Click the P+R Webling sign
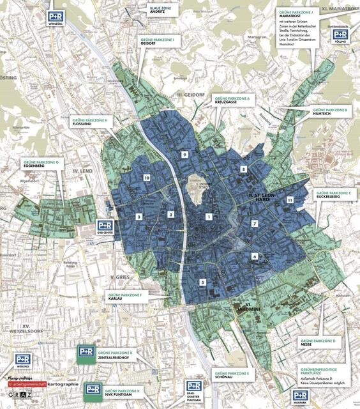click(x=23, y=362)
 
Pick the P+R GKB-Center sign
click(x=105, y=227)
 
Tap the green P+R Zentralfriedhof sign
click(x=86, y=353)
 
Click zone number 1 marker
click(x=208, y=217)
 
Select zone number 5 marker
click(x=202, y=282)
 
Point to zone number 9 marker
click(x=184, y=155)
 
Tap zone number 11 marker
click(x=290, y=200)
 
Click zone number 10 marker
click(x=147, y=178)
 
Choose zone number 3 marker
click(x=139, y=217)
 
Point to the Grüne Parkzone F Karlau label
click(x=132, y=297)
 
